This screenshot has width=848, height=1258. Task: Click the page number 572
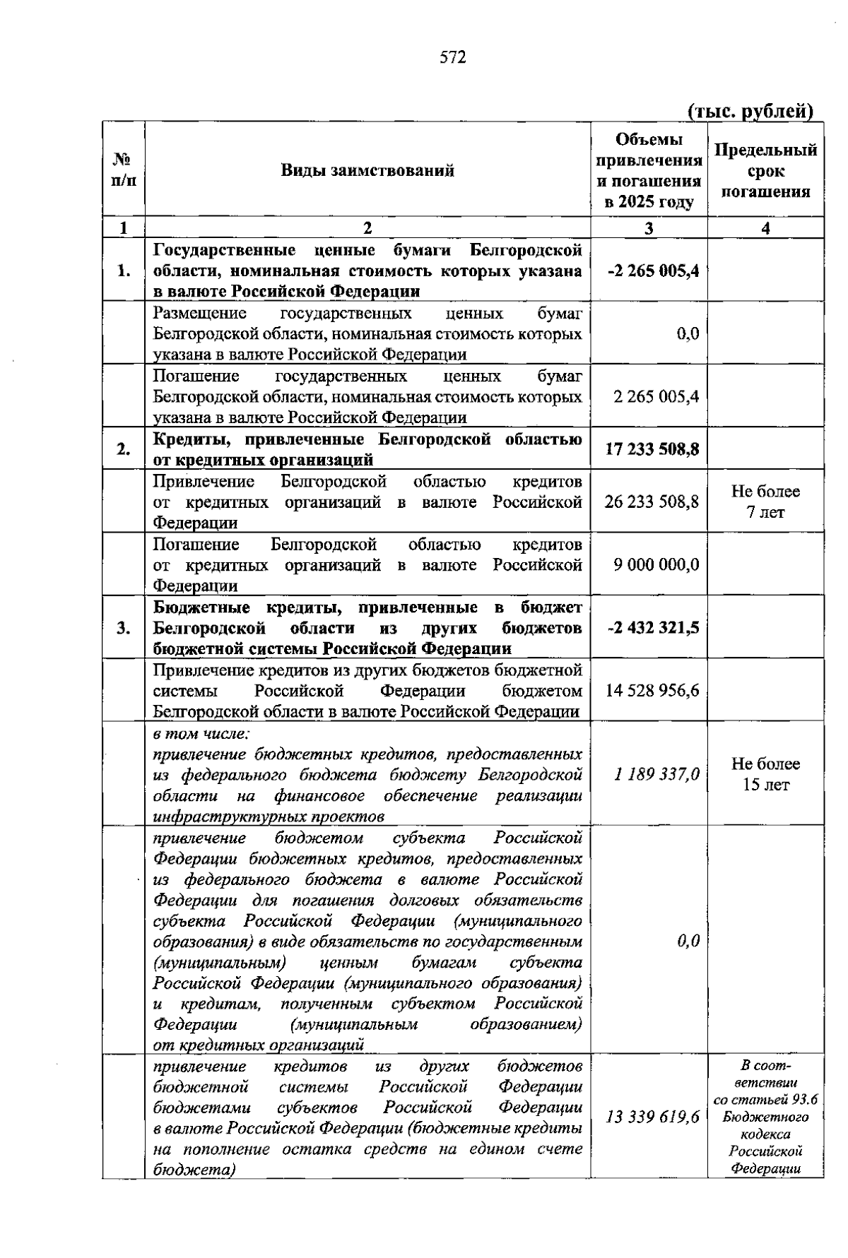coord(453,58)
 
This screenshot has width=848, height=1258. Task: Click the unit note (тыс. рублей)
coord(750,111)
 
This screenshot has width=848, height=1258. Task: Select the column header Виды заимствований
coord(367,170)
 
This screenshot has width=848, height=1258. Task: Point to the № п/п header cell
coord(124,170)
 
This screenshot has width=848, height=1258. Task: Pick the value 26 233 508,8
coord(652,502)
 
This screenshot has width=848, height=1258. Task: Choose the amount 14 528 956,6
coord(652,690)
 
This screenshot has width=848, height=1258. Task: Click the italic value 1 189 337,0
coord(656,774)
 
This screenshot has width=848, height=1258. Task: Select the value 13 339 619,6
coord(652,1117)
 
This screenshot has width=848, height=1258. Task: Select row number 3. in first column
coord(124,627)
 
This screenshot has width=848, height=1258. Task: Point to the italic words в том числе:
coord(198,732)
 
